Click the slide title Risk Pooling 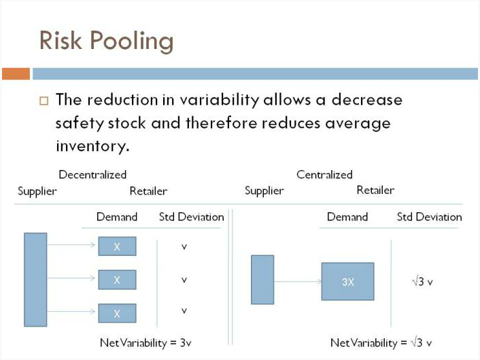[106, 41]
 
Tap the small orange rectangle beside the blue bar [16, 74]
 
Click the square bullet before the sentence [44, 101]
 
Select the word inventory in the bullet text [92, 146]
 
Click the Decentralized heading [92, 174]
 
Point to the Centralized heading [324, 174]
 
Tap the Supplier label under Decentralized [37, 191]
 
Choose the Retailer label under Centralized [375, 190]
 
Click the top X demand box [117, 246]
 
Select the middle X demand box [117, 280]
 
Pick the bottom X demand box [117, 313]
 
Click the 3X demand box [347, 281]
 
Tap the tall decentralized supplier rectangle [35, 280]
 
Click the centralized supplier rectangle [262, 280]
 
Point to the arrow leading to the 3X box [298, 281]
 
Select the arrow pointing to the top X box [71, 244]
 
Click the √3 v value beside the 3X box [422, 281]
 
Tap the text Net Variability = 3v [145, 342]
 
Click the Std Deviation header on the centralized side [429, 217]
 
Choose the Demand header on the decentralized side [117, 217]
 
